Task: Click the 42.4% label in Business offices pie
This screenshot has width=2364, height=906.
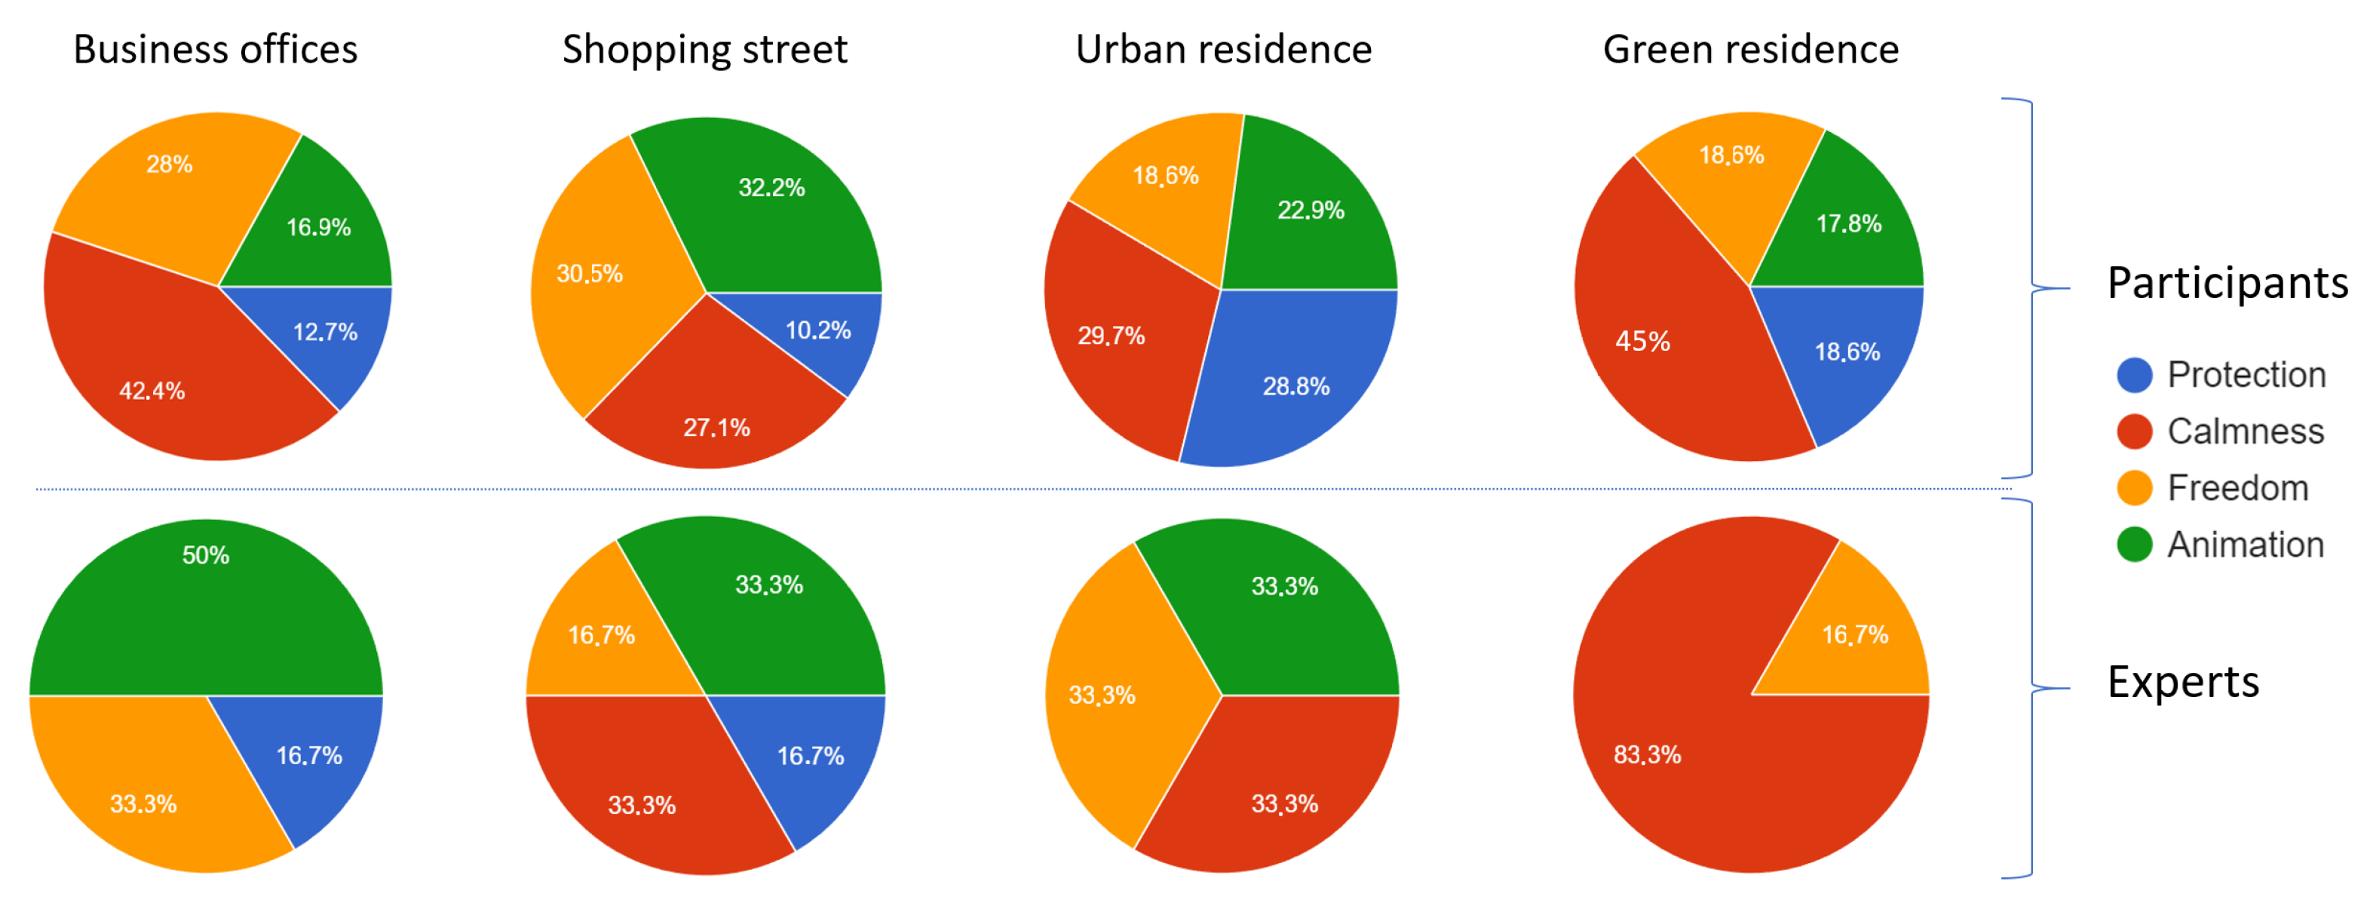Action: click(152, 391)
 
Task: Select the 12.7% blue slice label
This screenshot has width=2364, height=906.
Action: click(325, 332)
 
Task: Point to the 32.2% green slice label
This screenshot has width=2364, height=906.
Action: click(771, 188)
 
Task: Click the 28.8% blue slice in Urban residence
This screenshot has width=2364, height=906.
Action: click(1295, 386)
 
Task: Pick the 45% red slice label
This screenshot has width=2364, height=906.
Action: click(1642, 342)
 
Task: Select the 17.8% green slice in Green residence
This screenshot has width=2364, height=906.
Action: click(1847, 224)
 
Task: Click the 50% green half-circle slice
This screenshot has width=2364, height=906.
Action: click(206, 597)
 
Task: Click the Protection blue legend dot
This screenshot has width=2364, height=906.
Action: click(2134, 376)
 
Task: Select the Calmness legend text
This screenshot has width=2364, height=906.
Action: click(2245, 432)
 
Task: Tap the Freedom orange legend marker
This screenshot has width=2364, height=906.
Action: click(2134, 488)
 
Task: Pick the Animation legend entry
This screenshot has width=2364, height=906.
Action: click(2245, 545)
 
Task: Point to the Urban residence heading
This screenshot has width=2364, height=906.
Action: click(1222, 50)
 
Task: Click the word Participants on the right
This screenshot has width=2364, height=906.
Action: click(2226, 283)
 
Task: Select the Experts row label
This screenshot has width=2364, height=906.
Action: click(2182, 682)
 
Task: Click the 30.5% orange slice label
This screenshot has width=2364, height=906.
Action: click(589, 274)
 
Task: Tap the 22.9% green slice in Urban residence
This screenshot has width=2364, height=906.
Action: click(1310, 210)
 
